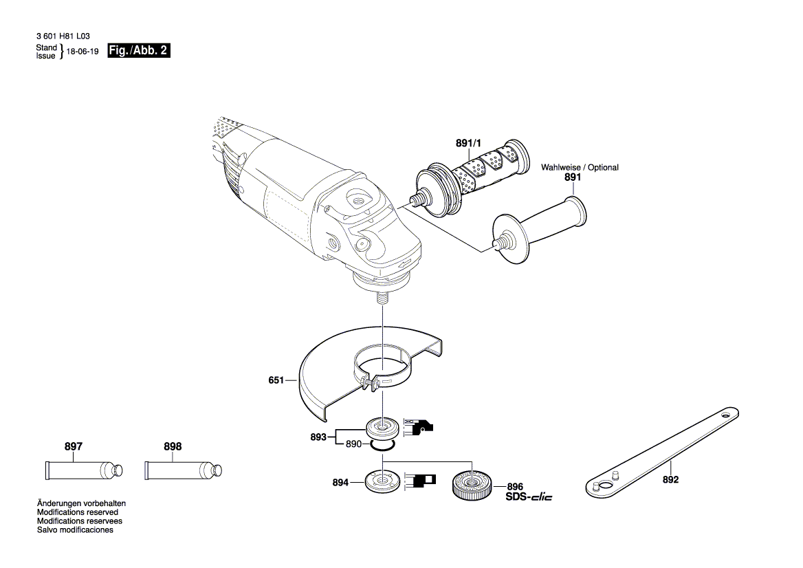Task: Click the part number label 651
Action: [276, 379]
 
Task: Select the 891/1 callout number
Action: [469, 143]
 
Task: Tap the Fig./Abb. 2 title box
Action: [139, 52]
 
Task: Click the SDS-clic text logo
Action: [529, 496]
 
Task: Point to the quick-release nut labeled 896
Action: [471, 485]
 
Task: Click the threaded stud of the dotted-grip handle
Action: [416, 201]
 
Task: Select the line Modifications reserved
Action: [77, 512]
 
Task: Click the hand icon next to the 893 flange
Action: [419, 428]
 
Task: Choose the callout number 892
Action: [670, 479]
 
